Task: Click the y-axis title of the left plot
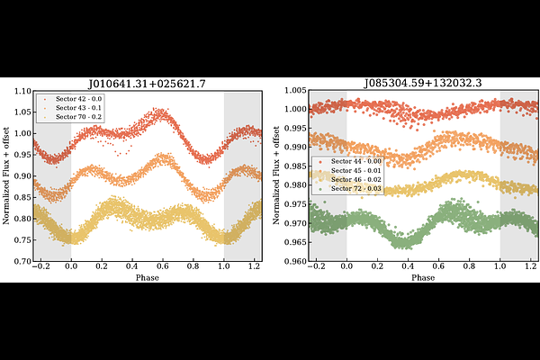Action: pos(6,176)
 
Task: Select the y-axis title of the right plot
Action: pos(276,176)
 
